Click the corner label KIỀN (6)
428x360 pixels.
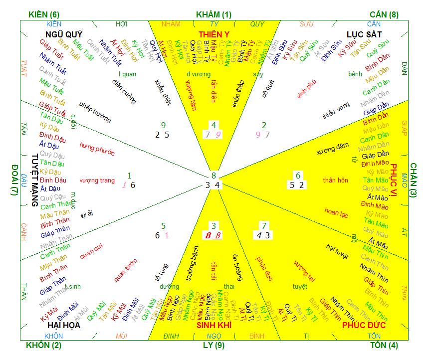pyautogui.click(x=44, y=14)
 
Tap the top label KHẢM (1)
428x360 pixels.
pyautogui.click(x=214, y=14)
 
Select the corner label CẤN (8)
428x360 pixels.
pyautogui.click(x=384, y=14)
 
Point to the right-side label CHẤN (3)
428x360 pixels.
pyautogui.click(x=414, y=180)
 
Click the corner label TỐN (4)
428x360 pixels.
pyautogui.click(x=384, y=345)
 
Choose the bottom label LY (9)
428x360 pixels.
pyautogui.click(x=214, y=345)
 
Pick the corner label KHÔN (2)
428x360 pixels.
pyautogui.click(x=44, y=345)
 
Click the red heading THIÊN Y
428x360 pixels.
pyautogui.click(x=214, y=34)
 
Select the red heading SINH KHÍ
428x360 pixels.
pyautogui.click(x=214, y=325)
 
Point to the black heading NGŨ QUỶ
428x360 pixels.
pyautogui.click(x=63, y=34)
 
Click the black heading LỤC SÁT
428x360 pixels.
pyautogui.click(x=364, y=34)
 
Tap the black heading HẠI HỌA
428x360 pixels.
pyautogui.click(x=63, y=325)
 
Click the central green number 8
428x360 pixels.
pyautogui.click(x=214, y=175)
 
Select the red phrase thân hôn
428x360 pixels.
pyautogui.click(x=335, y=180)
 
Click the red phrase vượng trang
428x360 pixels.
pyautogui.click(x=97, y=180)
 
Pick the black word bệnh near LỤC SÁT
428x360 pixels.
pyautogui.click(x=355, y=74)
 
